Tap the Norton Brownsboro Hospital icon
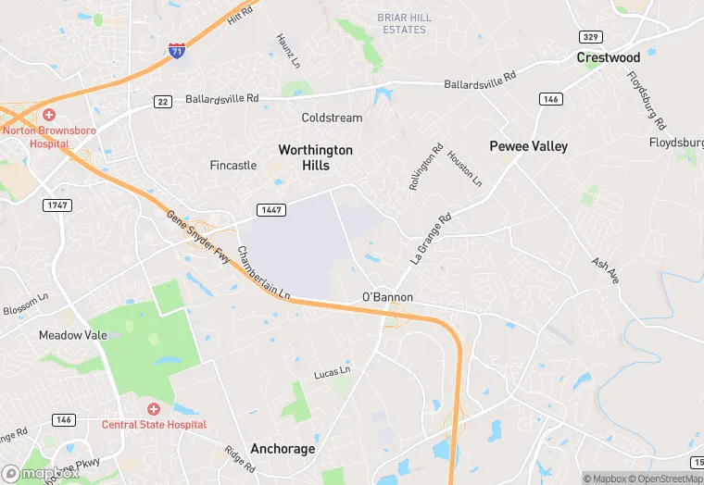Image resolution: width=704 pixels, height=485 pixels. pyautogui.click(x=48, y=115)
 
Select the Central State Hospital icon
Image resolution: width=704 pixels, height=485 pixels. pyautogui.click(x=154, y=408)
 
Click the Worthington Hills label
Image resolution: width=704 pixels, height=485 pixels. pyautogui.click(x=316, y=157)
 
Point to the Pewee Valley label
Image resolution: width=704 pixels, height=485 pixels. pyautogui.click(x=529, y=146)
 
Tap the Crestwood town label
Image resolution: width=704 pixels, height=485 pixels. pyautogui.click(x=608, y=57)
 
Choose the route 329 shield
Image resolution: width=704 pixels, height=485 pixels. pyautogui.click(x=589, y=37)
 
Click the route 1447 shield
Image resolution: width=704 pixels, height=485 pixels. pyautogui.click(x=271, y=210)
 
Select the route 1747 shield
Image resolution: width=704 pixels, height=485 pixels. pyautogui.click(x=57, y=205)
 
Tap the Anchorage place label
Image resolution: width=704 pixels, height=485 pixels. pyautogui.click(x=283, y=449)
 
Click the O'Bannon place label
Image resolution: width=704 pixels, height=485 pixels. pyautogui.click(x=386, y=297)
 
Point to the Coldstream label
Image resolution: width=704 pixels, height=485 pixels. pyautogui.click(x=332, y=118)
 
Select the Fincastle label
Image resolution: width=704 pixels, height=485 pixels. pyautogui.click(x=233, y=166)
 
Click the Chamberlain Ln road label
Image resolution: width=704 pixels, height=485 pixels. pyautogui.click(x=264, y=274)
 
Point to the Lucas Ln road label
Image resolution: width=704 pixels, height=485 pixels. pyautogui.click(x=332, y=373)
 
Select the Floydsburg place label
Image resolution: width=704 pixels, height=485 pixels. pyautogui.click(x=676, y=143)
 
